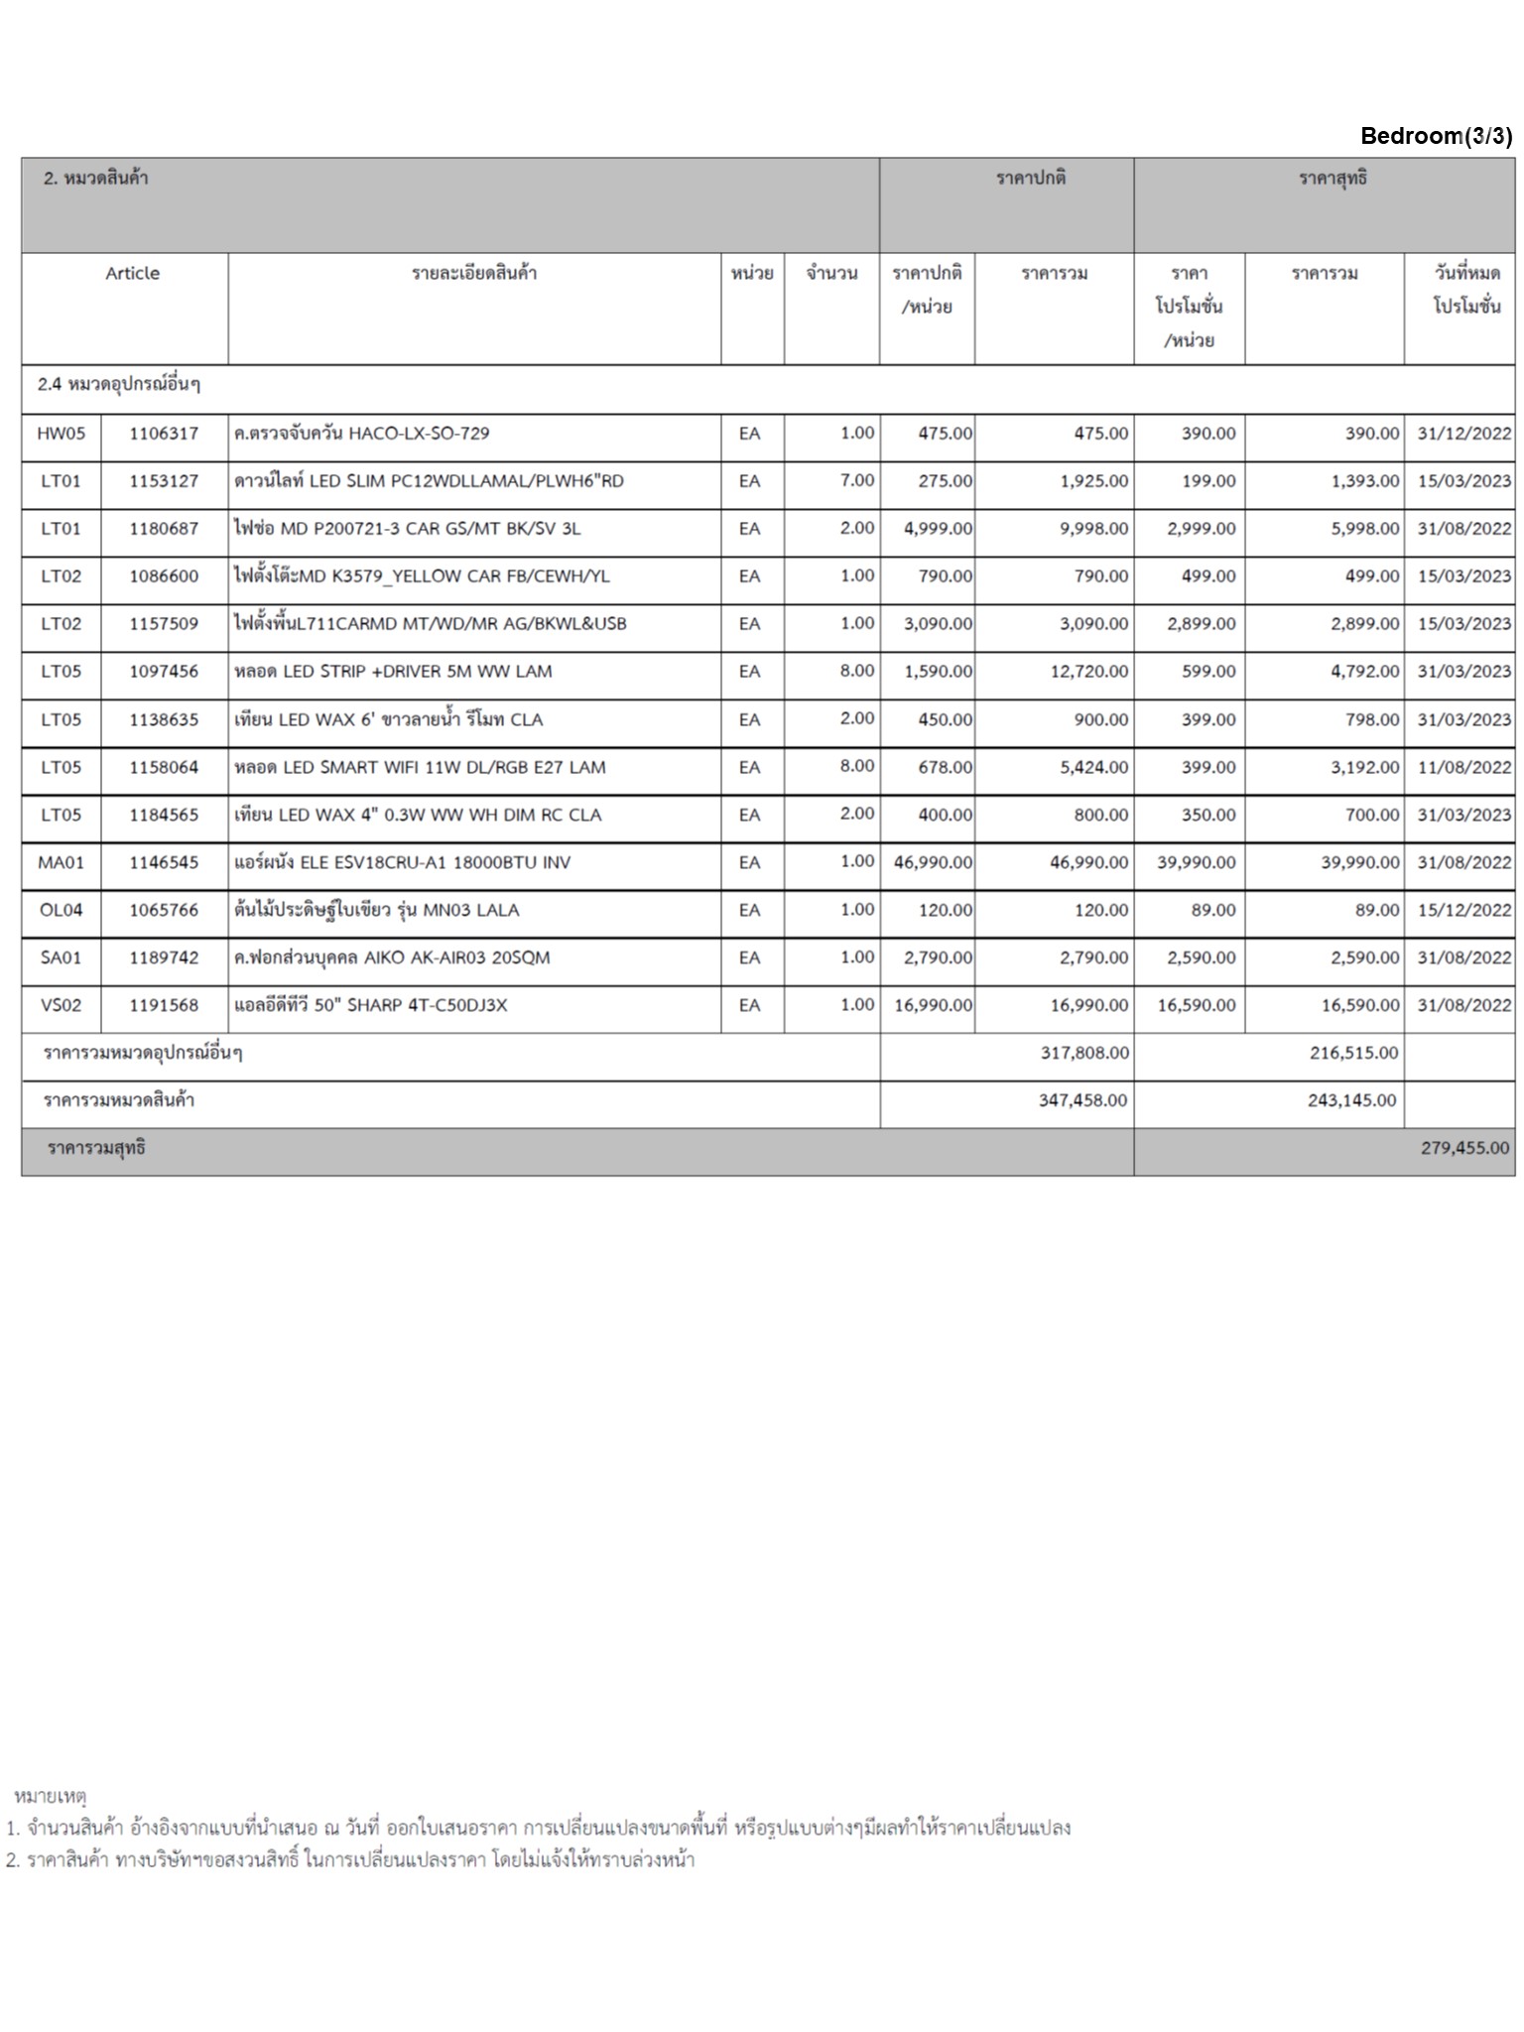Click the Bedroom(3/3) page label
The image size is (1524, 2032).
click(x=1436, y=136)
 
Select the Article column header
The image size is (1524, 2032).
click(x=132, y=274)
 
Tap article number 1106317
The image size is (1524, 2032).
click(x=164, y=434)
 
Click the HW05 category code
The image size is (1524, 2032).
click(x=61, y=434)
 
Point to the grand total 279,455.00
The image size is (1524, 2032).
click(x=1464, y=1148)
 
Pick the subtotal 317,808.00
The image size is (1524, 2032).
click(x=1083, y=1053)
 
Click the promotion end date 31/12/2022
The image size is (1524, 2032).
click(x=1463, y=434)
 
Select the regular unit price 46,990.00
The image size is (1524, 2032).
click(x=933, y=862)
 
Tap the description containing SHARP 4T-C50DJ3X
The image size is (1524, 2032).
click(x=370, y=1005)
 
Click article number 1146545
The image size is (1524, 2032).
click(x=164, y=862)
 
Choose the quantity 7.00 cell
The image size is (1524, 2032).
click(x=856, y=480)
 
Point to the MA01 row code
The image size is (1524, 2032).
click(x=61, y=862)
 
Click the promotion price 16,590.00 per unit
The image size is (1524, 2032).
click(x=1196, y=1005)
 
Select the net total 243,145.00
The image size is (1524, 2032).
click(x=1351, y=1100)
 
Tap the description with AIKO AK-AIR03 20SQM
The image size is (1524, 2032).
click(x=391, y=957)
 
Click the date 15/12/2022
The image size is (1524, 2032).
click(x=1463, y=910)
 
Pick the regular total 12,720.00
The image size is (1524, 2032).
click(x=1088, y=672)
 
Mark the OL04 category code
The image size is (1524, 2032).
click(x=61, y=910)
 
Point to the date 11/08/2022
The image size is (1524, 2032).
click(x=1463, y=767)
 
